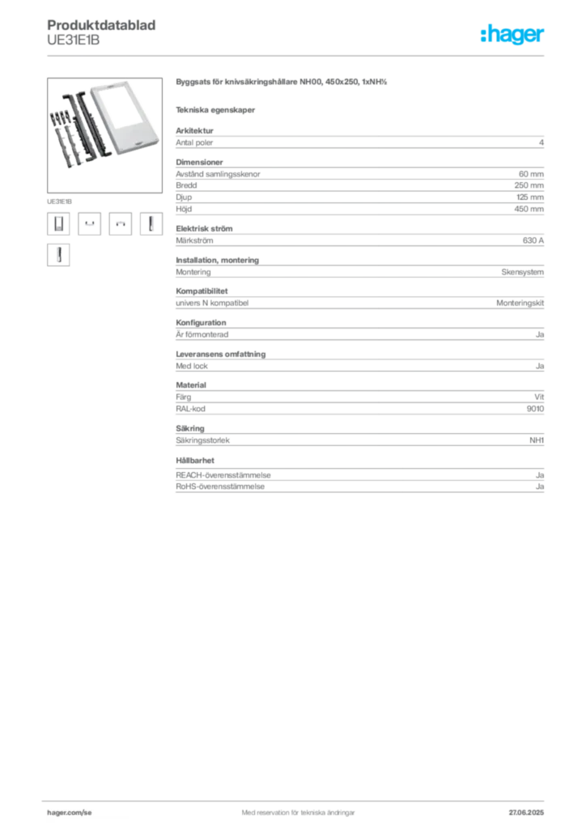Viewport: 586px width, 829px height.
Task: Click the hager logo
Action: pos(512,34)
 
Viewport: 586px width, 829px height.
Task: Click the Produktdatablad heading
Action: pos(101,25)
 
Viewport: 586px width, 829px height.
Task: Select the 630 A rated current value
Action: pos(533,240)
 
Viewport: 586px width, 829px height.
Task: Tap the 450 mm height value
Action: pos(529,209)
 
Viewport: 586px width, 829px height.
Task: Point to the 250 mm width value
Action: pos(529,185)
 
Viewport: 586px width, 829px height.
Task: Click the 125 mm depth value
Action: pos(530,198)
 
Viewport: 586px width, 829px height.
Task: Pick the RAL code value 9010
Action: pos(535,409)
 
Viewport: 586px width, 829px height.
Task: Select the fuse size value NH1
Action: pos(537,440)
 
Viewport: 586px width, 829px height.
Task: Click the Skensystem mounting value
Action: pos(523,272)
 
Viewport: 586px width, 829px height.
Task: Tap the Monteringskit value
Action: pos(520,303)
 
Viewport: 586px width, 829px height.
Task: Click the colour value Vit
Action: pos(539,397)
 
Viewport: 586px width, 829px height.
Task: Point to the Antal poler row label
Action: pos(194,142)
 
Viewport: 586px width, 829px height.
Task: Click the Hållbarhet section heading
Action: pos(195,461)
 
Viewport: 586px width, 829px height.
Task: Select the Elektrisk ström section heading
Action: pos(204,228)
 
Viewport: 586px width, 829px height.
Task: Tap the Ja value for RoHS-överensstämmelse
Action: pos(540,487)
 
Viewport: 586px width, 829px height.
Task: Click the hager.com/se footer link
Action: pos(70,813)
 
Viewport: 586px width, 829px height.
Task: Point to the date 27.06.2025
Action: pos(526,813)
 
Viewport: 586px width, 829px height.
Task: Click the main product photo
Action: pos(104,135)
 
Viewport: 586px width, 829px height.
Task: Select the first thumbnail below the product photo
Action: pos(58,223)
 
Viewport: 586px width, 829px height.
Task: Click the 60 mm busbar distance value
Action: pos(531,174)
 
